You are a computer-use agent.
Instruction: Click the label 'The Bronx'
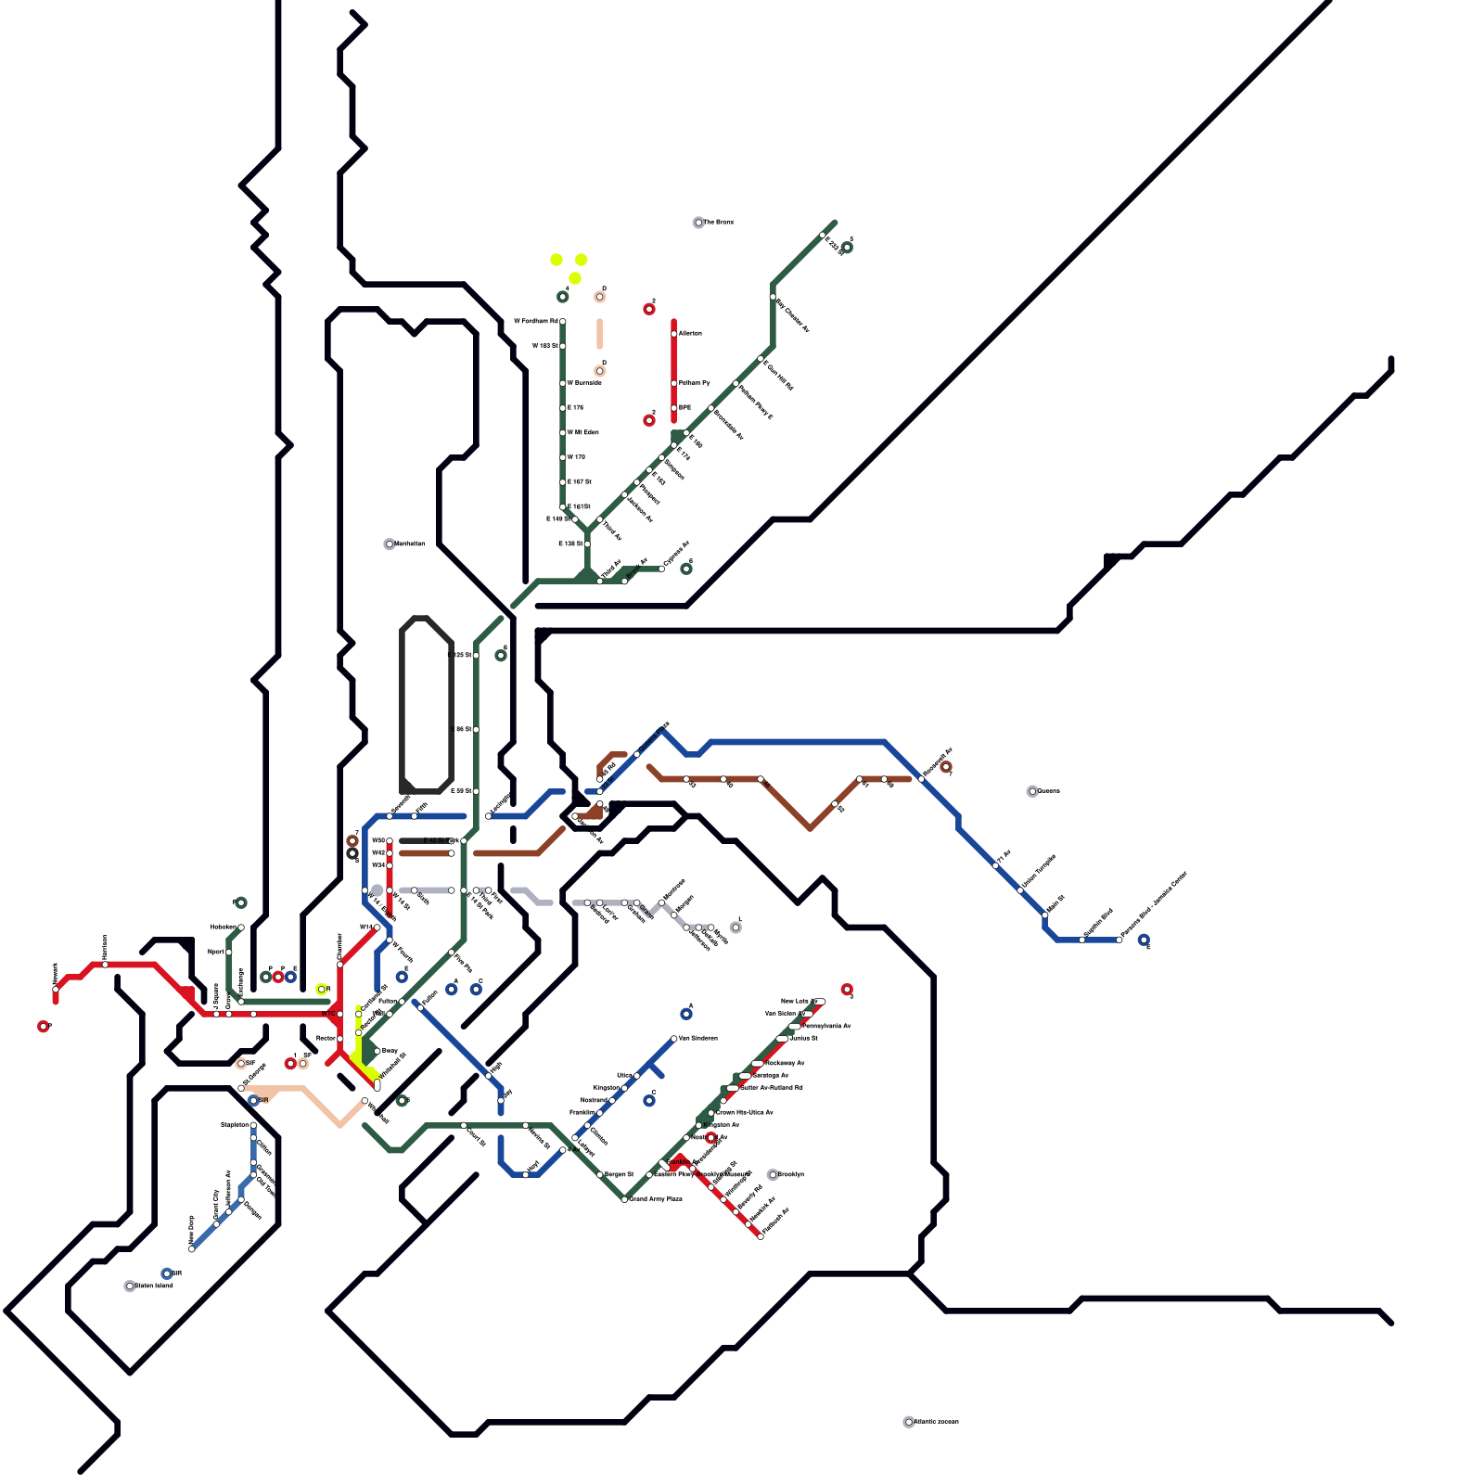(718, 223)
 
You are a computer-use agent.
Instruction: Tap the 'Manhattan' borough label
(409, 544)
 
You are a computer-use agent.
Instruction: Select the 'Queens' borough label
(1047, 791)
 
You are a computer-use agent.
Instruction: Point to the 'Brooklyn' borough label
(790, 1174)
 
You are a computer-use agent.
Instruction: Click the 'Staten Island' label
(153, 1286)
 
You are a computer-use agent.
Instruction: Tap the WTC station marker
(339, 1014)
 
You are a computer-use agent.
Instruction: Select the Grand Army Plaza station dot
(624, 1199)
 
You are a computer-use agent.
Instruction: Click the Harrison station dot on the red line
(105, 965)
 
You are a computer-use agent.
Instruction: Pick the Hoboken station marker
(241, 927)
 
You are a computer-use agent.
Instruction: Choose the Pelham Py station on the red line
(674, 383)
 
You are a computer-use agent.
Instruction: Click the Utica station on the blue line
(637, 1076)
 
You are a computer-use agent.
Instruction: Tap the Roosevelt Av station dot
(921, 779)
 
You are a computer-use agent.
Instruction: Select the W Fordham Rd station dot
(563, 322)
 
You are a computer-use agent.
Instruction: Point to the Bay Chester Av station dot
(773, 297)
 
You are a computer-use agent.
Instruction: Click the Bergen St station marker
(600, 1175)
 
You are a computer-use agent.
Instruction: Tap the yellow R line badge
(322, 990)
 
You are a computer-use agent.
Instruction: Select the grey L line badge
(736, 927)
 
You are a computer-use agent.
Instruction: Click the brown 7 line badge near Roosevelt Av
(945, 767)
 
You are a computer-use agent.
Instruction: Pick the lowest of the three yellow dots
(575, 278)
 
